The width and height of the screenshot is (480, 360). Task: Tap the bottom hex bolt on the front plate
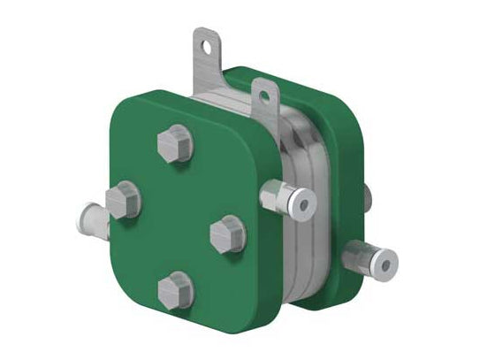click(x=174, y=288)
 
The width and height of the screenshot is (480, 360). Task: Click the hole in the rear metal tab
click(x=208, y=41)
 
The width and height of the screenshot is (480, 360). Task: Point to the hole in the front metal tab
click(x=263, y=89)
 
